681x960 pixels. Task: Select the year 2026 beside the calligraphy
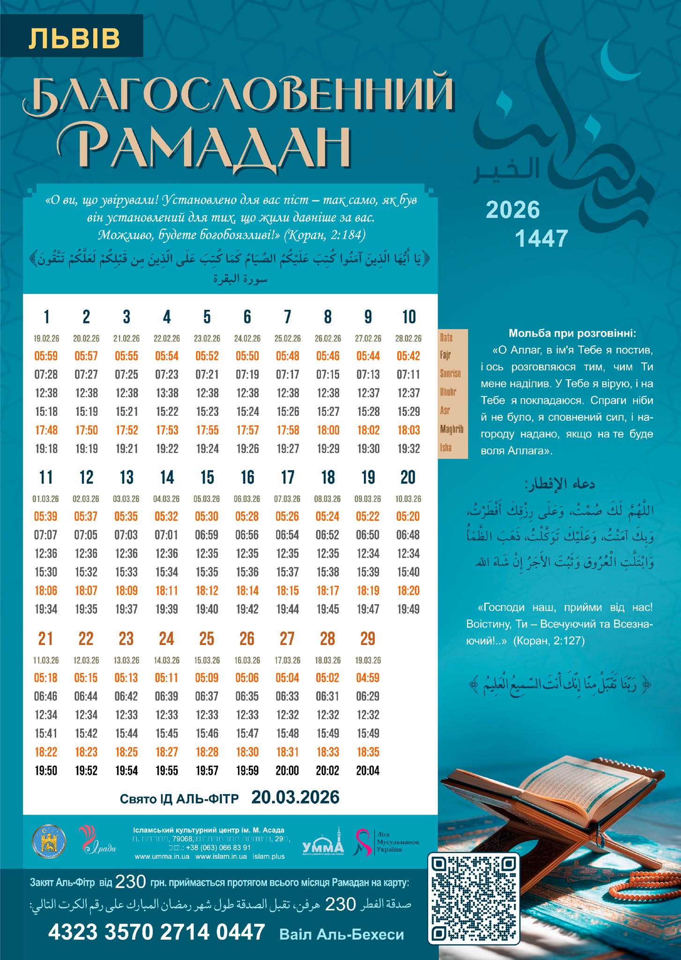(x=512, y=210)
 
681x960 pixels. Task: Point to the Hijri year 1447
(x=541, y=238)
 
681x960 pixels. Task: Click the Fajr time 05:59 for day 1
(x=46, y=356)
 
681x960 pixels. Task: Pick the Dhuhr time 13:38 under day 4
(x=167, y=393)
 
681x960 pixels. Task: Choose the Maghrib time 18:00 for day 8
(x=328, y=430)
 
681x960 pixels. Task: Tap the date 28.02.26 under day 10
(x=408, y=338)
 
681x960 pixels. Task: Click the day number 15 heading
(x=207, y=477)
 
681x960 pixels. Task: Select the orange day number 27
(x=287, y=638)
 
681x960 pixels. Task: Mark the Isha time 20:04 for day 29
(x=368, y=770)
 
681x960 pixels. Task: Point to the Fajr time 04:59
(x=368, y=677)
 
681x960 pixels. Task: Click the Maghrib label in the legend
(x=452, y=429)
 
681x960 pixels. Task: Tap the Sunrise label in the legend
(x=450, y=374)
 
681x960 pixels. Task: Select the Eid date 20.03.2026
(x=295, y=797)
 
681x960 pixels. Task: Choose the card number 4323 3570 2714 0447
(x=156, y=932)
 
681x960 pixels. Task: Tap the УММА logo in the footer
(x=323, y=847)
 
